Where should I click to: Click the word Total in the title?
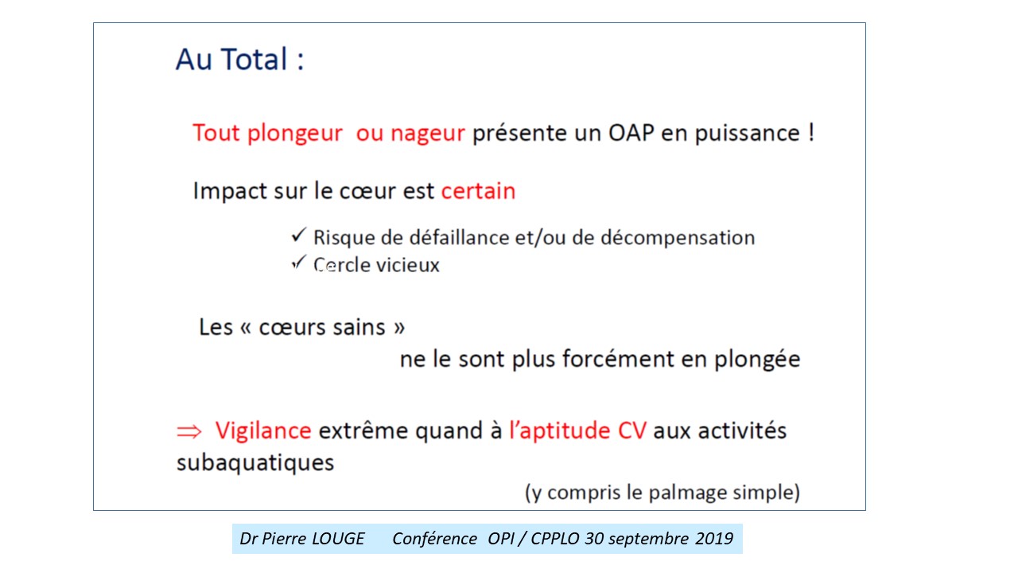[254, 60]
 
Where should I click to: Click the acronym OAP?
[631, 133]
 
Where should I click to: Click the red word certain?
[478, 190]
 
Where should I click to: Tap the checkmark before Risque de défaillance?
[298, 235]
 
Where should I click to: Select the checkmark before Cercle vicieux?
[298, 262]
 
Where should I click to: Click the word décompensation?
[678, 238]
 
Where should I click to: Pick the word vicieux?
[408, 265]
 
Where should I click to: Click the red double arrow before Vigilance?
[188, 431]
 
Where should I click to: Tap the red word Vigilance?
[263, 431]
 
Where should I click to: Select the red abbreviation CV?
[631, 431]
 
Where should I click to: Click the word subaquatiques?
[255, 463]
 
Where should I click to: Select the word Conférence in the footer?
[434, 539]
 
